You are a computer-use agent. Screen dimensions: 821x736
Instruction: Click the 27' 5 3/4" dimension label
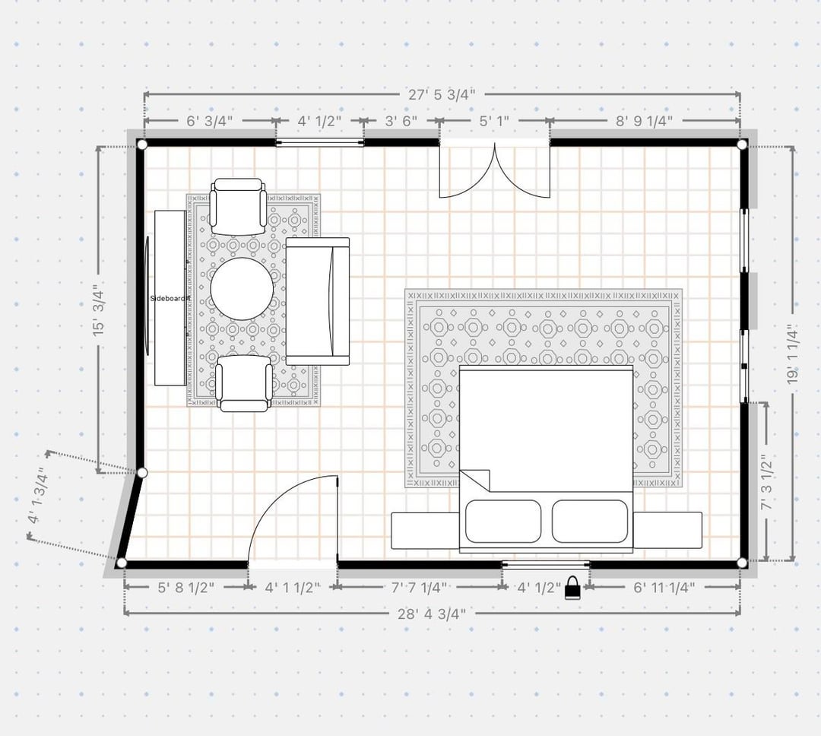click(x=442, y=95)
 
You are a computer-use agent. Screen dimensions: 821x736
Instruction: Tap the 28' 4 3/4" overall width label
click(x=432, y=614)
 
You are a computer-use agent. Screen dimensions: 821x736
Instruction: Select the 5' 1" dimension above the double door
click(x=494, y=121)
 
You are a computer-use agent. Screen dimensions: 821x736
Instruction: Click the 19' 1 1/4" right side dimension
click(x=793, y=354)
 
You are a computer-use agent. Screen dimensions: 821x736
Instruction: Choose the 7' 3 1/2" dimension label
click(x=766, y=483)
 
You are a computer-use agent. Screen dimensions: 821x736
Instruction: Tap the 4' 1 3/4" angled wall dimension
click(x=40, y=495)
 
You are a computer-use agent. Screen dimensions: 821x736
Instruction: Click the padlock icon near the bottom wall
click(x=573, y=588)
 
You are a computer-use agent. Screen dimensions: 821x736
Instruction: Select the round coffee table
click(x=242, y=289)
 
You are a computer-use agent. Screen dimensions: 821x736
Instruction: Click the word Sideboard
click(x=167, y=299)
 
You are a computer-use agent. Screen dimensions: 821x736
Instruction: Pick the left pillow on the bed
click(x=502, y=522)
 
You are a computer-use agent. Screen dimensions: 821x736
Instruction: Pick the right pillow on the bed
click(x=590, y=522)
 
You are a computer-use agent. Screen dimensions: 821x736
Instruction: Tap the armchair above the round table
click(x=238, y=207)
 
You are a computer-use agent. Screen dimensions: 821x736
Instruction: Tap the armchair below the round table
click(x=244, y=383)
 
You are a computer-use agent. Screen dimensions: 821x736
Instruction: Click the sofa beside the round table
click(x=317, y=301)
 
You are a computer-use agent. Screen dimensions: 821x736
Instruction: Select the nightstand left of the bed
click(x=426, y=530)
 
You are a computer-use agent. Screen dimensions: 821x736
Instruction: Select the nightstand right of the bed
click(x=667, y=530)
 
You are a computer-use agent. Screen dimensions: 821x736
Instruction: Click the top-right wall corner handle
click(x=742, y=144)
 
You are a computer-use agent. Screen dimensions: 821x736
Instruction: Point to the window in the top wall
click(x=320, y=142)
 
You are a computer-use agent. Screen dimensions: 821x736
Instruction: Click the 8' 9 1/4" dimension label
click(x=644, y=121)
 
